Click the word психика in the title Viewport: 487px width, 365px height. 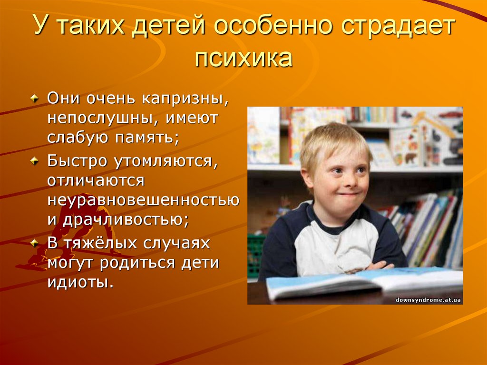(243, 59)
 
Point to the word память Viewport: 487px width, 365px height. (145, 138)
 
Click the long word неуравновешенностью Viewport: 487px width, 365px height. (143, 201)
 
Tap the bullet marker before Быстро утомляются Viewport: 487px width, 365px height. (34, 161)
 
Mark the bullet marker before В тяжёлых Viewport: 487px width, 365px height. (34, 243)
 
